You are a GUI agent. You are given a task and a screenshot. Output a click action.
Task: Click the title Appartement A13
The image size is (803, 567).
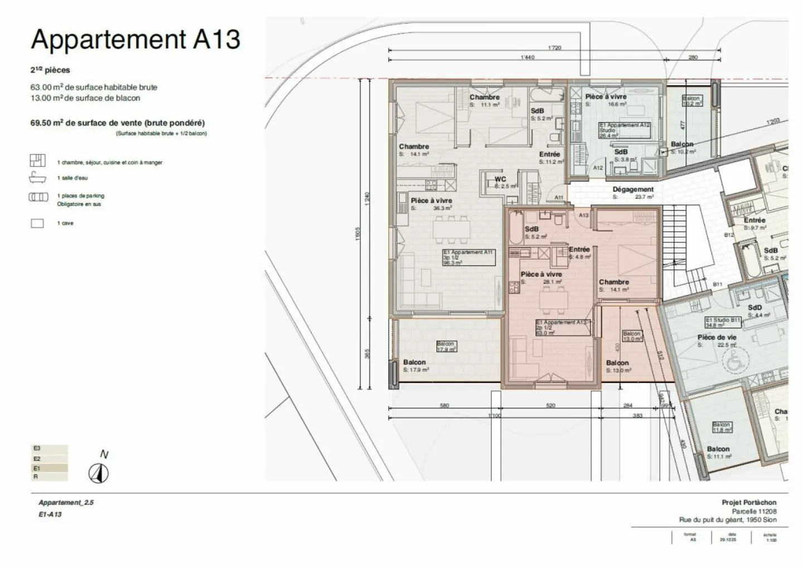(x=136, y=40)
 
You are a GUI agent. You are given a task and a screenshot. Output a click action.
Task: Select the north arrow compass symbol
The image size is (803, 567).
(x=99, y=474)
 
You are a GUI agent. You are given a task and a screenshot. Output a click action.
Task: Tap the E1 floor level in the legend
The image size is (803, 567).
(x=50, y=468)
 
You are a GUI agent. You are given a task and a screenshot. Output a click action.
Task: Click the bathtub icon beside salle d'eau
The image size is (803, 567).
(x=37, y=178)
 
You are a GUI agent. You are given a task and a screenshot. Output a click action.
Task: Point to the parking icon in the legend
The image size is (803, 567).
(x=38, y=196)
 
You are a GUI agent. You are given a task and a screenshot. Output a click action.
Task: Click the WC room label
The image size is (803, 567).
(x=500, y=180)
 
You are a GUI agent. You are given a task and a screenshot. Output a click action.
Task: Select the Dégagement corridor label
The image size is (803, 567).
(x=633, y=190)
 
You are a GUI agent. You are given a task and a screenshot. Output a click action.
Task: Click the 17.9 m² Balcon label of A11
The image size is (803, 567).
(x=414, y=363)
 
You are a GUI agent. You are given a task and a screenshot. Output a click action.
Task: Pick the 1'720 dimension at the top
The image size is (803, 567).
(x=554, y=48)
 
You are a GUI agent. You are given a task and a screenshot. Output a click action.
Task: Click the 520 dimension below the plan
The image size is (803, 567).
(x=550, y=406)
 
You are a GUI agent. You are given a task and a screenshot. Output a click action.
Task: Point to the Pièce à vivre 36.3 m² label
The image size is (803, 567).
(x=431, y=201)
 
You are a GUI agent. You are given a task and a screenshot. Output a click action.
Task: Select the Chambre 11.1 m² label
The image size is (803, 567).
(x=484, y=98)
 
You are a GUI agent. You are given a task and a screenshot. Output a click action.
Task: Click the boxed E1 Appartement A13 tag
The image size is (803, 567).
(x=562, y=328)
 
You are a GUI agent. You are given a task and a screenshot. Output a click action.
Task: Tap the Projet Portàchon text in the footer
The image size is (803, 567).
(x=748, y=502)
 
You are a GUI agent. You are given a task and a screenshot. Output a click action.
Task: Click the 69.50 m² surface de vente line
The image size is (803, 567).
(x=117, y=123)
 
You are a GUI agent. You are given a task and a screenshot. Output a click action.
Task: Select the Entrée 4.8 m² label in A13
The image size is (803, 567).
(x=579, y=250)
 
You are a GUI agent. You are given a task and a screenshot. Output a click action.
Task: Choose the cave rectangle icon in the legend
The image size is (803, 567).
(x=37, y=223)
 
